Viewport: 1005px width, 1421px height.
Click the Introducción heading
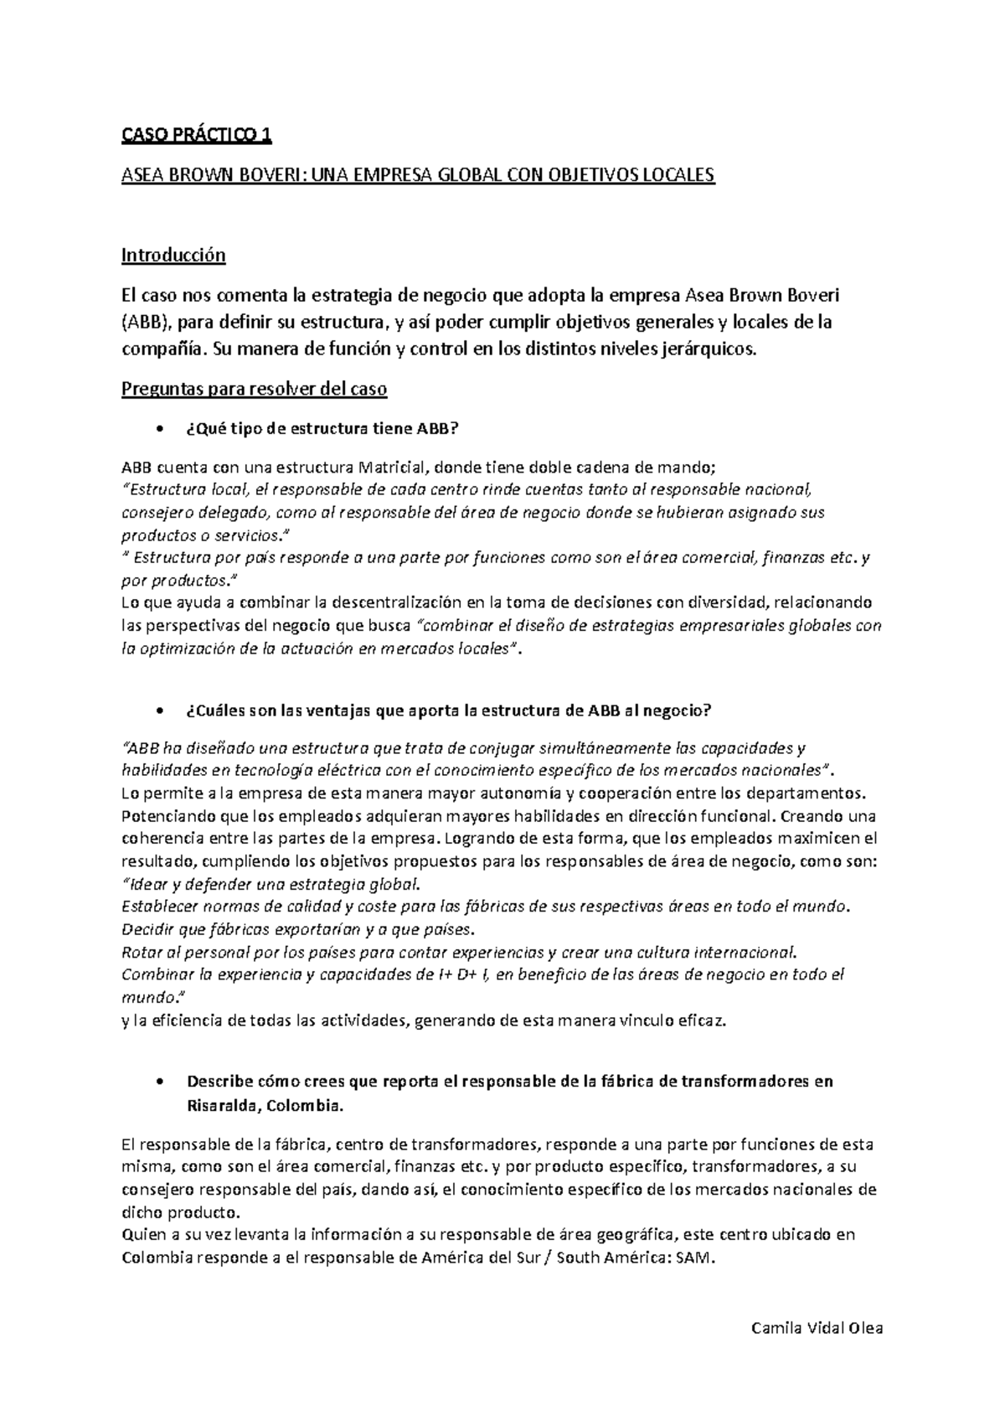[x=173, y=255]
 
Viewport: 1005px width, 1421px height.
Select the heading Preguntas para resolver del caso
[x=254, y=390]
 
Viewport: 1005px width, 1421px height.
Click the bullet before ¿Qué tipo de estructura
[x=159, y=430]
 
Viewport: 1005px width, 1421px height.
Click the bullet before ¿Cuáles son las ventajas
[x=159, y=710]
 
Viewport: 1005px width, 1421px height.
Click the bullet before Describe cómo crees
[x=159, y=1082]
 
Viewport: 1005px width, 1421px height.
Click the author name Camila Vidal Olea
[x=817, y=1329]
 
